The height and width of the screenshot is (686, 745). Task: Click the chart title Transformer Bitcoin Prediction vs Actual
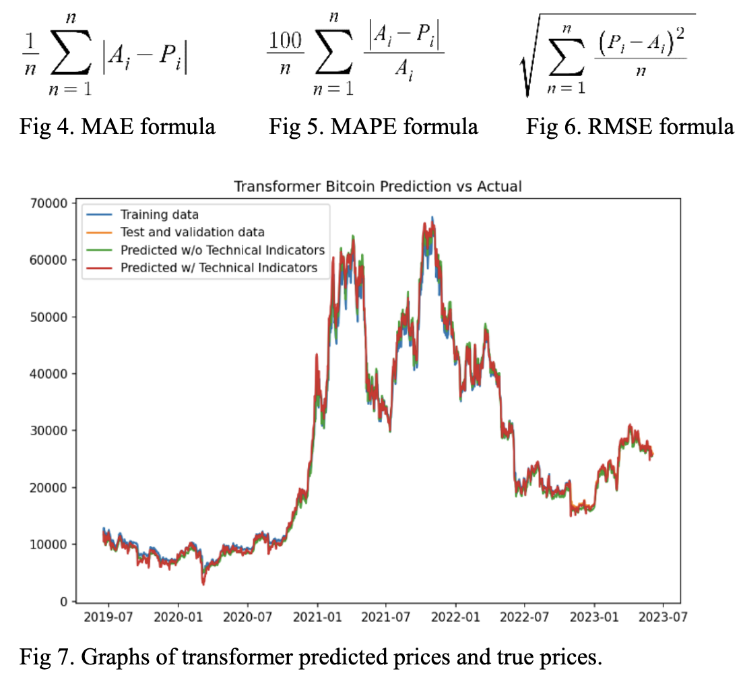tap(377, 186)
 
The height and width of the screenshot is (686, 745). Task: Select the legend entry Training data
tap(159, 215)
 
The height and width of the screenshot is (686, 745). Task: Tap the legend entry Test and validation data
tap(192, 232)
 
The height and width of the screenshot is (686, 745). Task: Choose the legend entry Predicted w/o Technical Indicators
tap(222, 250)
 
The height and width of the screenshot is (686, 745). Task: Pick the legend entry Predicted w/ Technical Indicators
tap(219, 268)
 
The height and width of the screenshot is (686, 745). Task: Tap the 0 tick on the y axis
tap(63, 601)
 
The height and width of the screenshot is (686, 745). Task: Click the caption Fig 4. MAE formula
tap(118, 127)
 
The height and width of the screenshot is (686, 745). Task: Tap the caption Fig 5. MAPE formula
tap(373, 127)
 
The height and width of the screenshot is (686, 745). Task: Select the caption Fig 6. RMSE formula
tap(630, 127)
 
